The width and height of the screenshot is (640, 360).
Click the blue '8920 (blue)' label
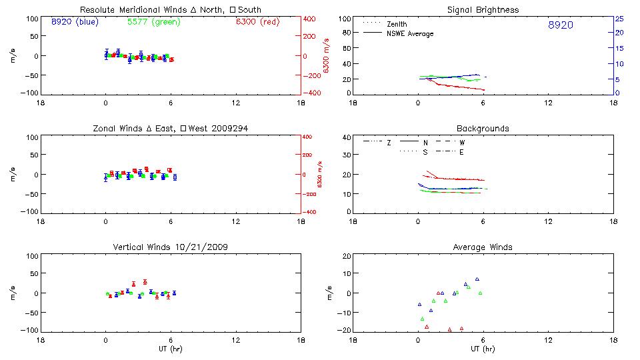pos(74,22)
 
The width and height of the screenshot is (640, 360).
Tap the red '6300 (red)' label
pos(257,22)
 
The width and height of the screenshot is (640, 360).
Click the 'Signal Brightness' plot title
pos(483,10)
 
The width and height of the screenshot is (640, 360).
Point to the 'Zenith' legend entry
pos(397,25)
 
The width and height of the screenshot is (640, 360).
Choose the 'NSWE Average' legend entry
pos(410,33)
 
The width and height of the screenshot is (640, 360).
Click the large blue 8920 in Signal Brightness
pos(560,25)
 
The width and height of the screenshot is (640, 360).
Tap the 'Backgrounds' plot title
pos(483,128)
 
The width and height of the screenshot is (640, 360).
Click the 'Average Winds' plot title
pos(483,247)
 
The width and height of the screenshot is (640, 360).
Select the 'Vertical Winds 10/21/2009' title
pos(170,247)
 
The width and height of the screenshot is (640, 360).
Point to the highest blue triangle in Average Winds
pos(477,279)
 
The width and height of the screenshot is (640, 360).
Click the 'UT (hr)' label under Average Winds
pos(483,349)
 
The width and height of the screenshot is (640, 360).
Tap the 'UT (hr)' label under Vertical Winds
pos(170,349)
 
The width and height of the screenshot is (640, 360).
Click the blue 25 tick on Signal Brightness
pos(619,19)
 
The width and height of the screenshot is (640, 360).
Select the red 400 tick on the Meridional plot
pos(311,19)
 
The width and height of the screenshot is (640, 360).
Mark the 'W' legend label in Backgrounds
pos(462,143)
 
